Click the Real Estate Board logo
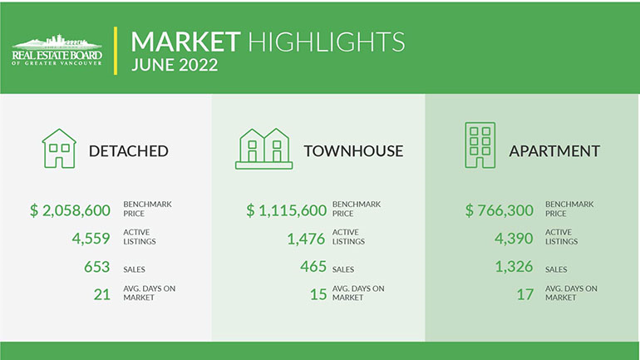pyautogui.click(x=57, y=50)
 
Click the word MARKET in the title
pyautogui.click(x=185, y=42)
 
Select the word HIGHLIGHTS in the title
pyautogui.click(x=327, y=42)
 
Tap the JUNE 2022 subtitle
pyautogui.click(x=175, y=65)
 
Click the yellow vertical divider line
pyautogui.click(x=116, y=51)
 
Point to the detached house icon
pyautogui.click(x=59, y=149)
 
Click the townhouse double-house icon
pyautogui.click(x=264, y=149)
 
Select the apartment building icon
pyautogui.click(x=480, y=145)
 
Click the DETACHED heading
pyautogui.click(x=129, y=151)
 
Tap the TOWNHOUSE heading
pyautogui.click(x=353, y=151)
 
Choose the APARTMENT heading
pyautogui.click(x=554, y=151)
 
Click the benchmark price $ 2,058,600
pyautogui.click(x=70, y=210)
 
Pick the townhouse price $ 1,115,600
pyautogui.click(x=287, y=210)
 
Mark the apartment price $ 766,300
pyautogui.click(x=500, y=210)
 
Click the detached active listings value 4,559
pyautogui.click(x=91, y=239)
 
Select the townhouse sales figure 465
pyautogui.click(x=313, y=267)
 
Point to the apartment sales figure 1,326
pyautogui.click(x=514, y=267)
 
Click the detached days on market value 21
pyautogui.click(x=102, y=294)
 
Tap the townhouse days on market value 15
pyautogui.click(x=318, y=294)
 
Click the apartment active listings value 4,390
pyautogui.click(x=514, y=239)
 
